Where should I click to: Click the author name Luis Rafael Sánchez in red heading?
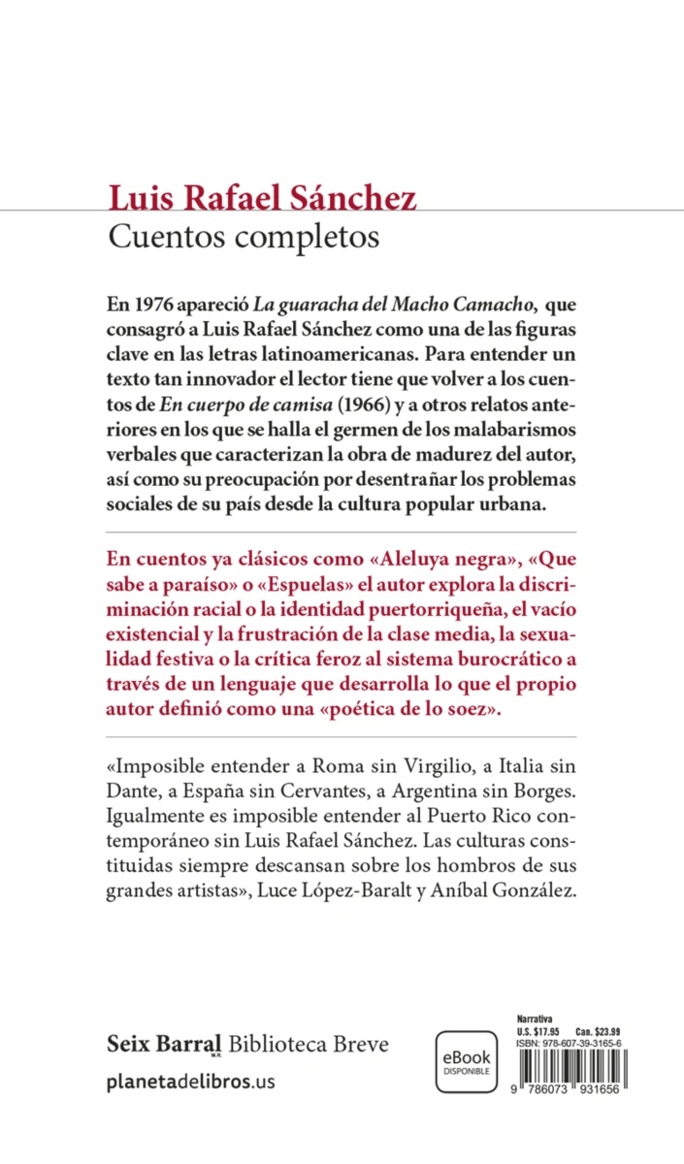coord(263,201)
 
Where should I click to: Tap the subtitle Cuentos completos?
coord(242,237)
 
